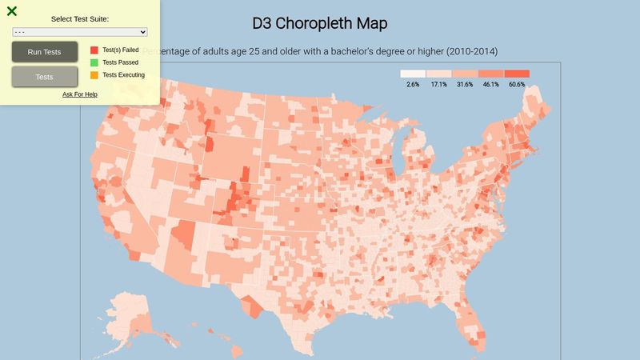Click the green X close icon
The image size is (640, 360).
pos(11,11)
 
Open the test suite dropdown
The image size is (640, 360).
pos(80,32)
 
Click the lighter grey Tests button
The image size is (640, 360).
pos(45,77)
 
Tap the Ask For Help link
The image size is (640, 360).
pos(80,94)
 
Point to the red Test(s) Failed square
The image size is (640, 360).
pos(94,50)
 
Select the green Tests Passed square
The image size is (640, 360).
pos(94,62)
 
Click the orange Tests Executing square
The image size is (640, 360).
pos(94,75)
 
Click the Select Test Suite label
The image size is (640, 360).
pos(80,18)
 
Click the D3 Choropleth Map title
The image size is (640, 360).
pos(320,23)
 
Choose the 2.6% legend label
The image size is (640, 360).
pos(413,84)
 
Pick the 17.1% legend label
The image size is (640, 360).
pos(438,84)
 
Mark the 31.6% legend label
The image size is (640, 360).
pos(465,84)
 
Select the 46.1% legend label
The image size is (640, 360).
pos(490,84)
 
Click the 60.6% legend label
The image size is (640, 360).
pos(517,84)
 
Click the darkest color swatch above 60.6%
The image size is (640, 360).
pos(517,74)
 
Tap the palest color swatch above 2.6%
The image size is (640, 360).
pos(413,74)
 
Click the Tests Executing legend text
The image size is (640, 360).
pos(124,75)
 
